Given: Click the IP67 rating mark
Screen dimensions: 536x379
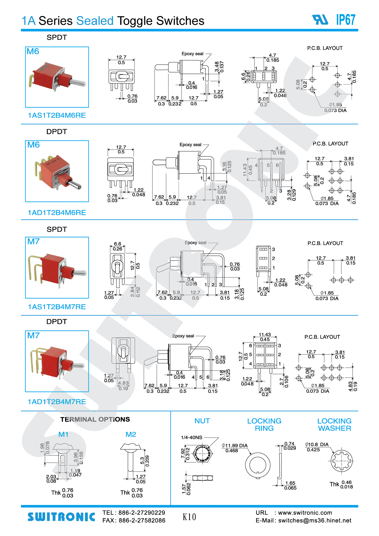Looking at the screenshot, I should (346, 20).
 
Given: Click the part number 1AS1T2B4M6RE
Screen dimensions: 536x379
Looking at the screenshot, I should (57, 116).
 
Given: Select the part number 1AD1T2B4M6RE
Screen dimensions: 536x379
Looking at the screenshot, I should (57, 213).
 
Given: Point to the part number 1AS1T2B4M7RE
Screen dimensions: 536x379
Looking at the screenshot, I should (57, 307).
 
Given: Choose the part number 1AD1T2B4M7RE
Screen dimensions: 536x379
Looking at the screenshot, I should (57, 402).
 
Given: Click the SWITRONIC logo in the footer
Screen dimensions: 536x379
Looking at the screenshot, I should (61, 517).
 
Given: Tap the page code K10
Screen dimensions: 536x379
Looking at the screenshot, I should (189, 517).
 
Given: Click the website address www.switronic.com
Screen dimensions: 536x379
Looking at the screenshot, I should (305, 513).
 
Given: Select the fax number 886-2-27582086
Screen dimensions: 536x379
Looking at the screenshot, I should (142, 521).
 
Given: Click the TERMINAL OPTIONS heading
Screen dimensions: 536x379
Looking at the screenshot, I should (95, 420).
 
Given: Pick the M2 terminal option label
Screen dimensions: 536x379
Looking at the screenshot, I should (131, 434).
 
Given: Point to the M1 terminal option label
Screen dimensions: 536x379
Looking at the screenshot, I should (63, 434).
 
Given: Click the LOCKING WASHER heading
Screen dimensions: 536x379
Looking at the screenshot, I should (334, 425).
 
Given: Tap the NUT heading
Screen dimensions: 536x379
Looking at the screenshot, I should (202, 421).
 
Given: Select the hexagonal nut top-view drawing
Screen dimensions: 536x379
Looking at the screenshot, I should (202, 454).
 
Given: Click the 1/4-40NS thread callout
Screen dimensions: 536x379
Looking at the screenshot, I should (191, 438).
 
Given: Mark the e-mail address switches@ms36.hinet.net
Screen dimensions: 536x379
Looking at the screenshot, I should (315, 521).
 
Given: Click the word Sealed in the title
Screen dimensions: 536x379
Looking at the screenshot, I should (95, 21).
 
